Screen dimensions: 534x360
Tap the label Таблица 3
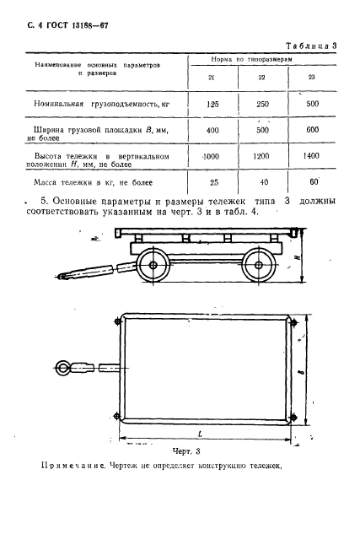pos(311,44)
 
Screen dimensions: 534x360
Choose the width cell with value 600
pos(313,132)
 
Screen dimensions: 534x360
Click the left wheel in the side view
pos(155,266)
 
